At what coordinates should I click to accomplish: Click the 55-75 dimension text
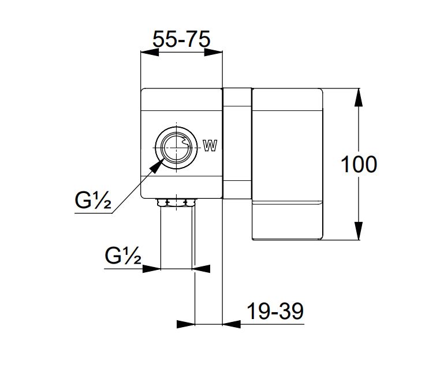[181, 39]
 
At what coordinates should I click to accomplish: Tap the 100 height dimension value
[359, 165]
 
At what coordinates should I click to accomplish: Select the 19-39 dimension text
[275, 312]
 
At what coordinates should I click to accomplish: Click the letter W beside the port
[210, 146]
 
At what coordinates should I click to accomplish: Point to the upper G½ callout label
[93, 200]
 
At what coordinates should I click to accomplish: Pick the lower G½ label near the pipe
[123, 255]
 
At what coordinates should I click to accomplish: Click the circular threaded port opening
[177, 147]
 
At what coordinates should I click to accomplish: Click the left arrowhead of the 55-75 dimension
[150, 53]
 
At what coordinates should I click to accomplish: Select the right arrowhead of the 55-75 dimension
[213, 53]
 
